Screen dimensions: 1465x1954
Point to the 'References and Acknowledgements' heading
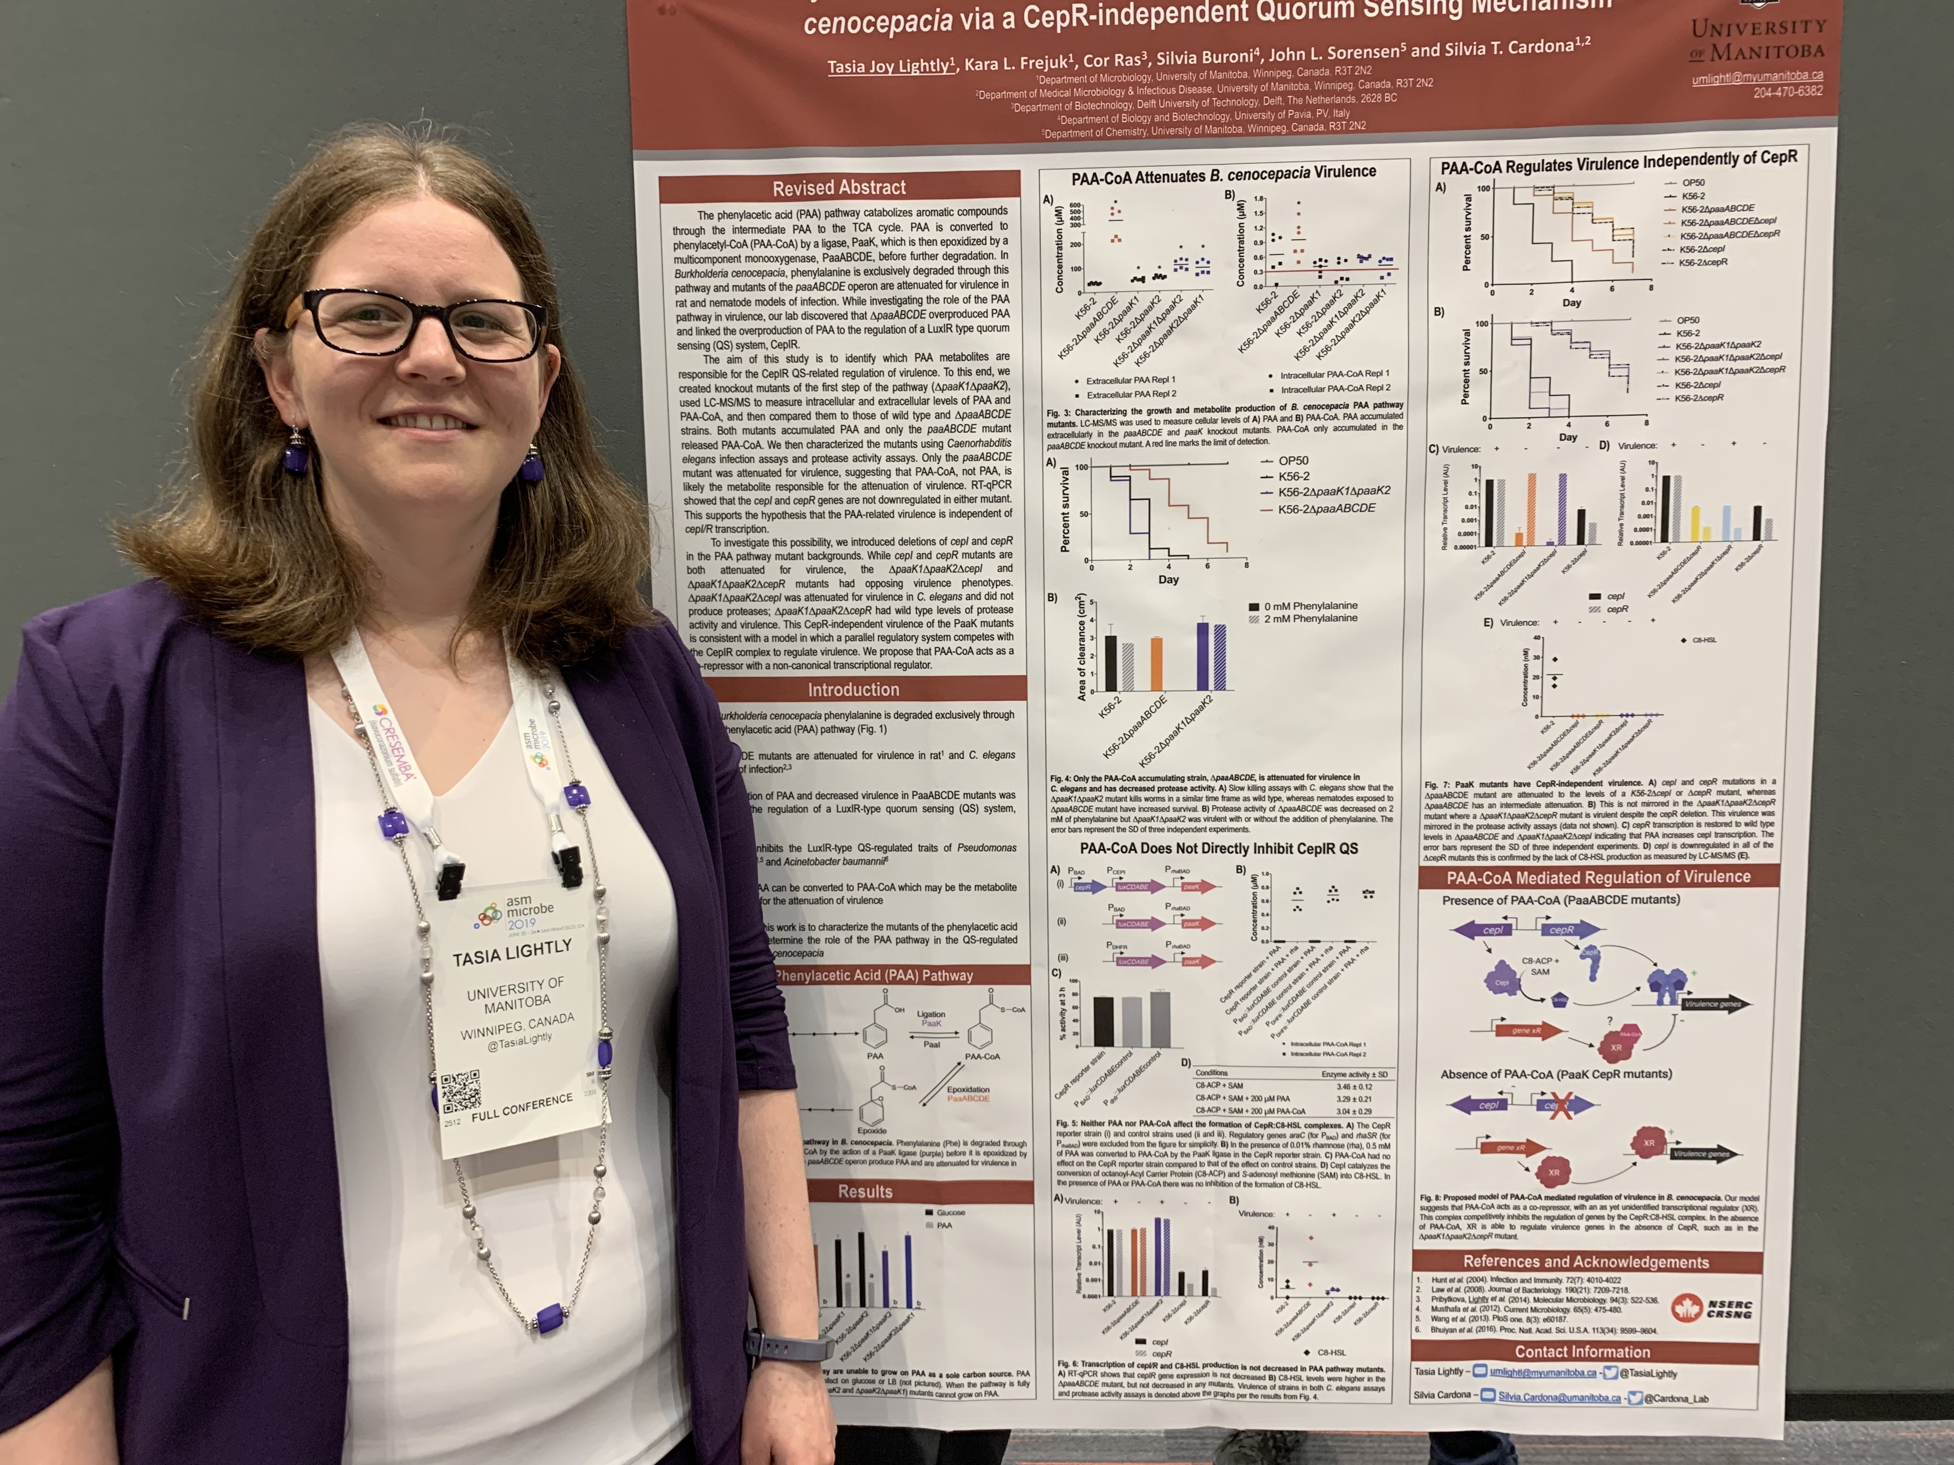coord(1585,1261)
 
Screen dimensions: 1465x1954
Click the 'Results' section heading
coord(865,1191)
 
